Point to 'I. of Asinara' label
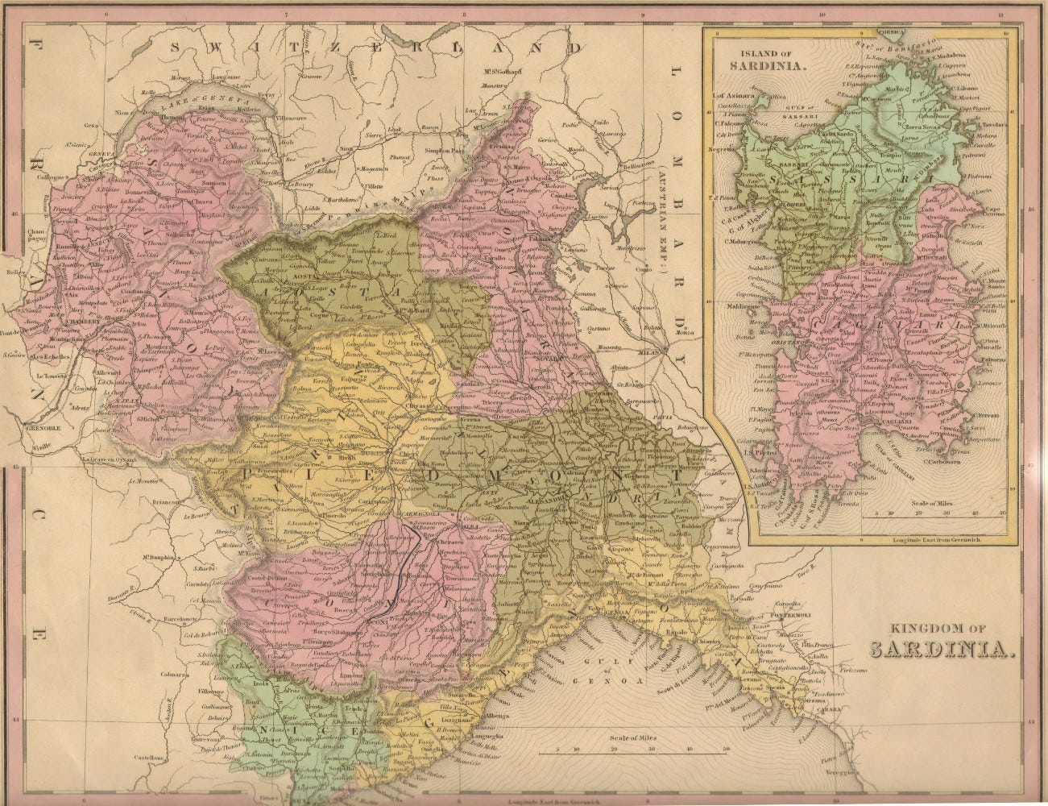[x=731, y=96]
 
